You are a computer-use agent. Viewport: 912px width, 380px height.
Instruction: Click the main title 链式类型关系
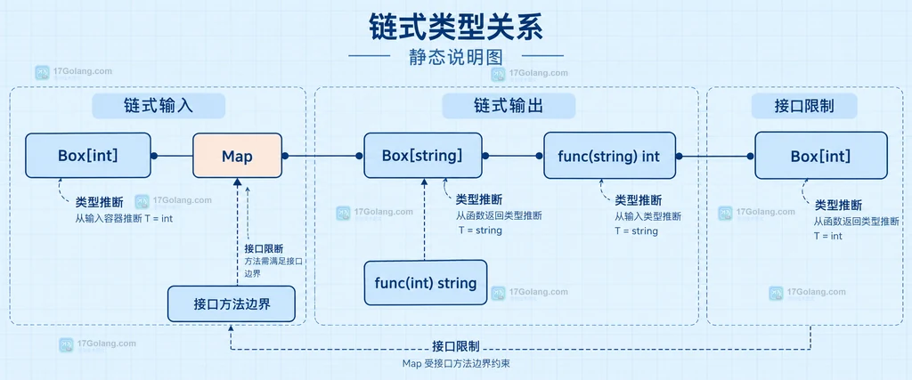pos(456,28)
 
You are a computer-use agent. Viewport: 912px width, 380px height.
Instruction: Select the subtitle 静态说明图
pos(456,57)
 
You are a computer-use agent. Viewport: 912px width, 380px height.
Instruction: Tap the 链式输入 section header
pos(159,106)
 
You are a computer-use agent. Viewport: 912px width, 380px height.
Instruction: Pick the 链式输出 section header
pos(509,106)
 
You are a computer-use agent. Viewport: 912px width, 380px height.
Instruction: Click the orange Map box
pos(237,156)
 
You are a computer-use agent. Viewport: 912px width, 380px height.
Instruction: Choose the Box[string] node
pos(423,156)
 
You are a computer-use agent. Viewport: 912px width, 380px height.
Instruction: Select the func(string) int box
pos(609,156)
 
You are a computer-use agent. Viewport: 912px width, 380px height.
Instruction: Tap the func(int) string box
pos(426,283)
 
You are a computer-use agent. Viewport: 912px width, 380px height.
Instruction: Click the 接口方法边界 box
pos(232,303)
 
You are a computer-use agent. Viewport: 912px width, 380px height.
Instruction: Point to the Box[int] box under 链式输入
pos(88,156)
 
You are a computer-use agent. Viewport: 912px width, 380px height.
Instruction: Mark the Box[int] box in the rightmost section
pos(820,156)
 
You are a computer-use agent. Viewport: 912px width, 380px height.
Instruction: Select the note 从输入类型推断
pos(647,216)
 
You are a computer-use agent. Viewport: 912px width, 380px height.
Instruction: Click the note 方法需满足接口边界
pos(273,267)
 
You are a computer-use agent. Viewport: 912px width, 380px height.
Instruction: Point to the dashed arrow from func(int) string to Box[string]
pos(425,219)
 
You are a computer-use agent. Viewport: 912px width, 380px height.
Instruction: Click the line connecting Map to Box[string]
pos(322,156)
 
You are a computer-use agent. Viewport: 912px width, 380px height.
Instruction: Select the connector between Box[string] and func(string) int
pos(513,156)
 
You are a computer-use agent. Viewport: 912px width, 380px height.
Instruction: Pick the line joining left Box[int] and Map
pos(172,156)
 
